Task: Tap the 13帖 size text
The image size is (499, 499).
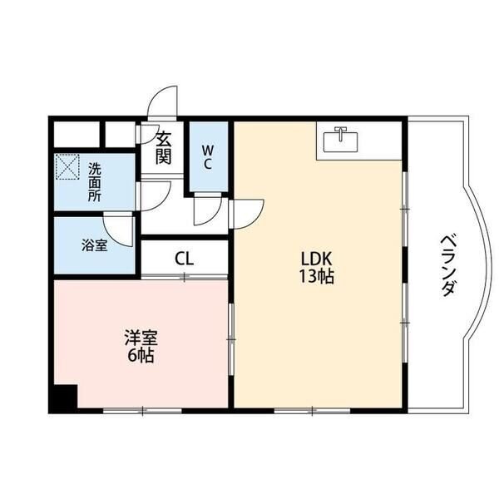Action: point(317,277)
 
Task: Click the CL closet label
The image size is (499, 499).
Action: point(184,258)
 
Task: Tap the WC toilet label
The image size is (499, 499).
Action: point(207,157)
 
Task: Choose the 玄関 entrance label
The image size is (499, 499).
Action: point(163,147)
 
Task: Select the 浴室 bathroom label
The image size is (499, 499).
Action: point(93,245)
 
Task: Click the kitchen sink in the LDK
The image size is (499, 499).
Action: point(339,142)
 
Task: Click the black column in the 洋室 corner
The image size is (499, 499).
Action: point(63,398)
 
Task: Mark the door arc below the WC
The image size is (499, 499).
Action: point(209,211)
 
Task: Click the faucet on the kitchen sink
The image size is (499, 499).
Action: point(339,132)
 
